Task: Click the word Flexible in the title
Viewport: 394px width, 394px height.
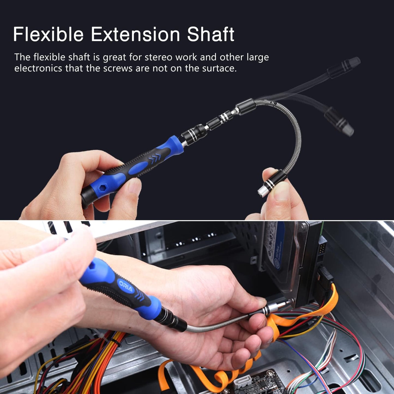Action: [48, 34]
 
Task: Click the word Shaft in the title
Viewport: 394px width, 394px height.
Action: [210, 34]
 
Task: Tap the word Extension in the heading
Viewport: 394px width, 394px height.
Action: [135, 34]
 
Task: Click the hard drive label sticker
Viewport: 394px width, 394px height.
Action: [275, 245]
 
